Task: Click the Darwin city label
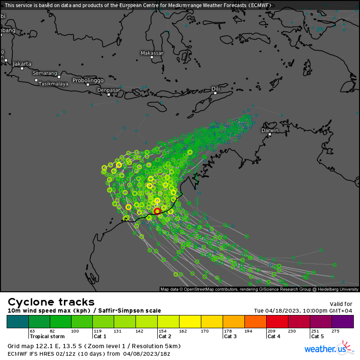270,130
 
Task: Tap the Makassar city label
152,53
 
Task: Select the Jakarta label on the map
22,63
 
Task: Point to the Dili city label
216,89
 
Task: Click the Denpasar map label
108,90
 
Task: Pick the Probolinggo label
88,80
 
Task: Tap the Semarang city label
45,73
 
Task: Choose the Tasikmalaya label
54,84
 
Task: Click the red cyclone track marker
157,211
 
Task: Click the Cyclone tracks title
51,302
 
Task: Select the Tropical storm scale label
47,336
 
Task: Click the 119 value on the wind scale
98,331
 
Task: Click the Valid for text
341,304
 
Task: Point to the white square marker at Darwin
270,135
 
